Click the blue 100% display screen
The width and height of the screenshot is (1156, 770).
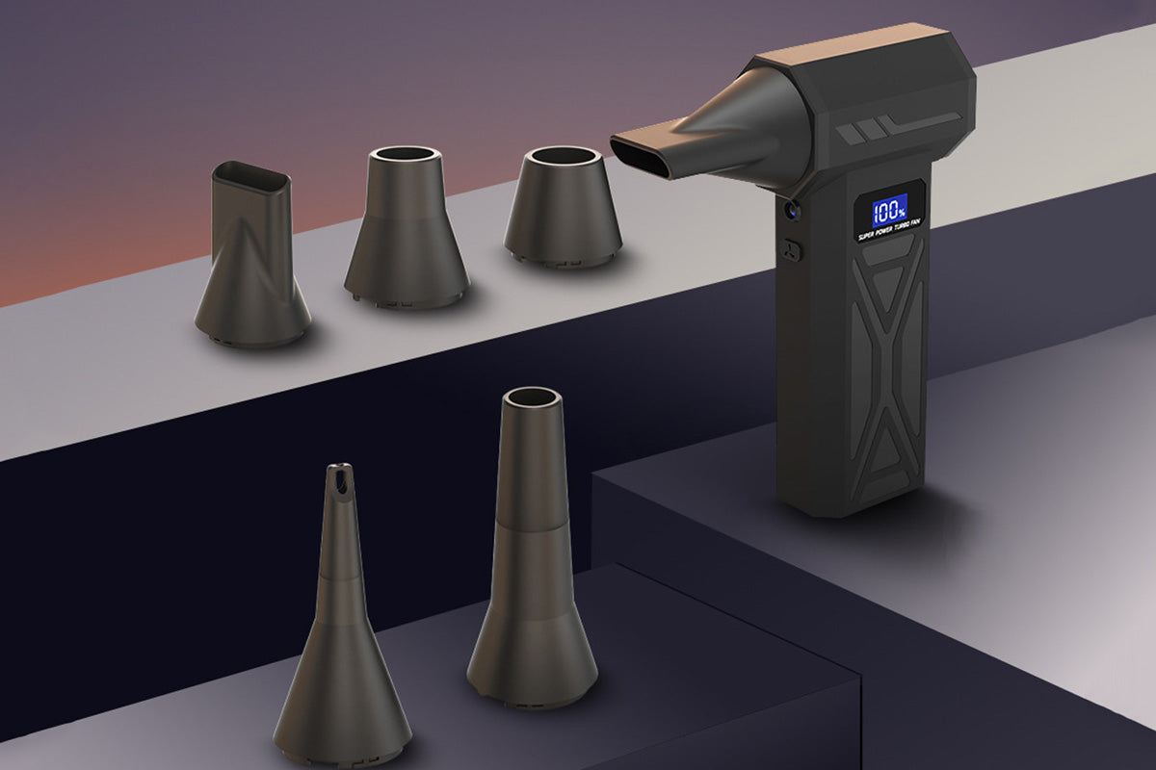coord(890,211)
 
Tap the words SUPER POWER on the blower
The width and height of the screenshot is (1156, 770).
coord(875,233)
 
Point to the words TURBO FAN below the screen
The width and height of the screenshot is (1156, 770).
coord(907,224)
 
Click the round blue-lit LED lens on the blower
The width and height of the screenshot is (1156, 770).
coord(791,210)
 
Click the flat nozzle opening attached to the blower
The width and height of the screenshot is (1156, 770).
coord(639,158)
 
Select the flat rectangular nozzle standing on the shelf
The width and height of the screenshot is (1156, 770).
coord(252,254)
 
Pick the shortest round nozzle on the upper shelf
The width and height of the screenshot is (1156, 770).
coord(563,207)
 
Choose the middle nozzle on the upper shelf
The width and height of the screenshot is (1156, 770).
coord(407,228)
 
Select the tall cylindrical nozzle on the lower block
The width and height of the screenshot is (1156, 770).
coord(532,551)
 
